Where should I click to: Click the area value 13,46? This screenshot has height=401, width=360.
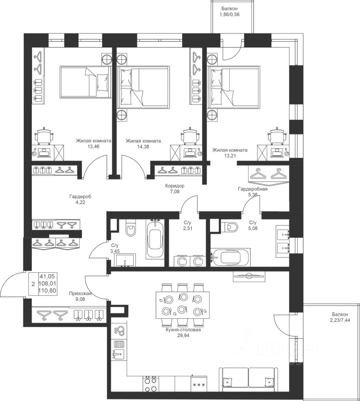pyautogui.click(x=93, y=147)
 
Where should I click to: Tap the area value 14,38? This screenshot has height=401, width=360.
pyautogui.click(x=143, y=147)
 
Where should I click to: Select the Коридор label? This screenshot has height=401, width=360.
pyautogui.click(x=175, y=185)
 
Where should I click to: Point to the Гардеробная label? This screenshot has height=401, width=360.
pyautogui.click(x=253, y=189)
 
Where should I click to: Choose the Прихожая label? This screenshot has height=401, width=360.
pyautogui.click(x=80, y=294)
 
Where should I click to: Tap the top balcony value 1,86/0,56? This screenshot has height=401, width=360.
pyautogui.click(x=230, y=15)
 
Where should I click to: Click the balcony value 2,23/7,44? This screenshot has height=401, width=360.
pyautogui.click(x=340, y=320)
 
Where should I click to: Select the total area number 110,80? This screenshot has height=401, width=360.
pyautogui.click(x=48, y=290)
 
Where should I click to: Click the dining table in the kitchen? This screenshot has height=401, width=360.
pyautogui.click(x=183, y=305)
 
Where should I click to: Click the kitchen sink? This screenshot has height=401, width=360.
pyautogui.click(x=119, y=354)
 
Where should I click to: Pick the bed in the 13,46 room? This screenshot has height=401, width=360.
pyautogui.click(x=85, y=82)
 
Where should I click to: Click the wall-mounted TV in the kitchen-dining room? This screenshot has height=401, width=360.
pyautogui.click(x=249, y=276)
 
